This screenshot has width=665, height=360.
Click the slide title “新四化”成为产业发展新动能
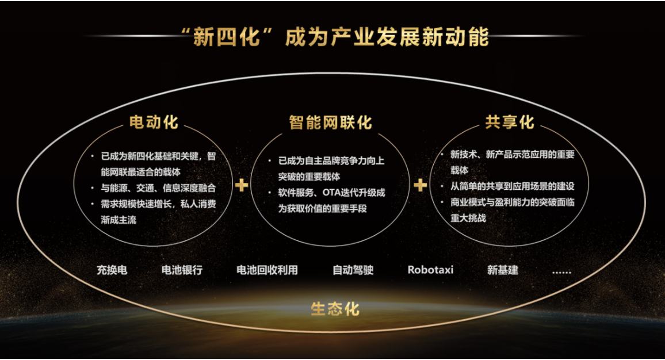point(335,37)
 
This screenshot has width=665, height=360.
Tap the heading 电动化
point(154,122)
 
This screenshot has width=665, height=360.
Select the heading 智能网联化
point(330,122)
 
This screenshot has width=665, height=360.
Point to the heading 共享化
point(509,122)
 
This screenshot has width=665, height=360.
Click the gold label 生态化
point(335,309)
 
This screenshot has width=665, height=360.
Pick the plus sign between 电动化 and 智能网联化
point(241,185)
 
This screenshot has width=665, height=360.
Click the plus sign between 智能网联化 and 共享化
point(421,185)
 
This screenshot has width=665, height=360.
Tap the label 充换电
point(112,270)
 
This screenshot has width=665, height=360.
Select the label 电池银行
point(182,270)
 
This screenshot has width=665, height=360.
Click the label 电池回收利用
point(267,270)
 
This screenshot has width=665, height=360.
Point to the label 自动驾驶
point(353,270)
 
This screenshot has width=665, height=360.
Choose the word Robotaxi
point(430,270)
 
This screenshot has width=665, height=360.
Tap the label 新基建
point(503,270)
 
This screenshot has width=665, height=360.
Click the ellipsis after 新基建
point(561,272)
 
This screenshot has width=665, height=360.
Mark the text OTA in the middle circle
point(331,193)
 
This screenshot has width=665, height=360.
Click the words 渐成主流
point(119,220)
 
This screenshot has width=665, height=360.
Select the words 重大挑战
point(468,218)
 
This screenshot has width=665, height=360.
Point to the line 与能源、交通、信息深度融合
point(158,188)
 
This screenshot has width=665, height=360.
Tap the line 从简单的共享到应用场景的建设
point(513,186)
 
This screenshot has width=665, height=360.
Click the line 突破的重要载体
point(309,177)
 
